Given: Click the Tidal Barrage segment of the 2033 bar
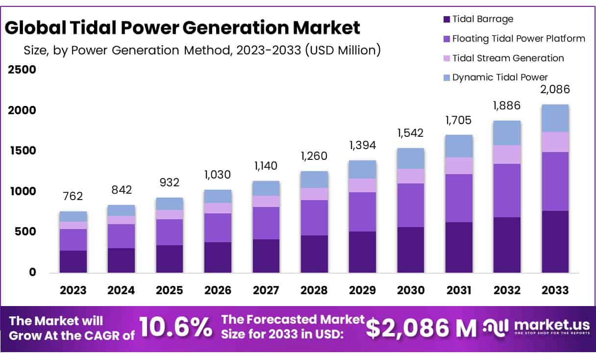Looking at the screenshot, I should pyautogui.click(x=555, y=241).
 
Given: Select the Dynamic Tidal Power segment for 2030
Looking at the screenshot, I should pyautogui.click(x=411, y=158).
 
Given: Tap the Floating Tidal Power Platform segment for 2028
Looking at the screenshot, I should pyautogui.click(x=314, y=218).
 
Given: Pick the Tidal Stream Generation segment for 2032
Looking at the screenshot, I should pyautogui.click(x=507, y=154).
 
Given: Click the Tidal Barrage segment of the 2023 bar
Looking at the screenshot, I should pyautogui.click(x=73, y=261).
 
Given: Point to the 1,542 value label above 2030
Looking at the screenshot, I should pyautogui.click(x=411, y=133).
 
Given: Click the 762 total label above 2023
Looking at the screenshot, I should pyautogui.click(x=73, y=196).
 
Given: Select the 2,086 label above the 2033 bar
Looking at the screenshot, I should pyautogui.click(x=555, y=90).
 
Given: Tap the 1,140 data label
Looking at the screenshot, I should pyautogui.click(x=266, y=166).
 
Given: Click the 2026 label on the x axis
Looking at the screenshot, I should pyautogui.click(x=218, y=290).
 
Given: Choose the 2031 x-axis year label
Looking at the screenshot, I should pyautogui.click(x=459, y=290).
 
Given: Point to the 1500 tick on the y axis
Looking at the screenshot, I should pyautogui.click(x=22, y=151).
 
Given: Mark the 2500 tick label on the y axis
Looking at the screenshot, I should pyautogui.click(x=22, y=69).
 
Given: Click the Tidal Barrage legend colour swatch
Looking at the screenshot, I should pyautogui.click(x=446, y=20).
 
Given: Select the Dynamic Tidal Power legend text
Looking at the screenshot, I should pyautogui.click(x=500, y=77).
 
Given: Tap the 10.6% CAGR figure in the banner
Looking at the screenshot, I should pyautogui.click(x=175, y=328).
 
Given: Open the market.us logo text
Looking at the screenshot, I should pyautogui.click(x=544, y=325).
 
